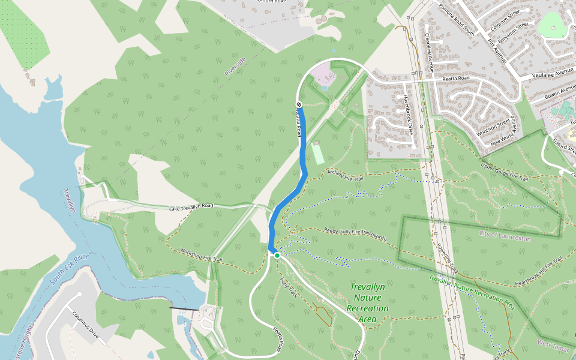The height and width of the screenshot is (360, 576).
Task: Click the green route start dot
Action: click(277, 256)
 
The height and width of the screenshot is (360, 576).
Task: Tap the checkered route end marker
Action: click(299, 105)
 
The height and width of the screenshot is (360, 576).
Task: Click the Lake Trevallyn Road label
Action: click(191, 206)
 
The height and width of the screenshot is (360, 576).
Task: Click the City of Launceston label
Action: click(505, 236)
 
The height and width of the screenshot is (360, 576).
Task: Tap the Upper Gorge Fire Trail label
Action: click(504, 172)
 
